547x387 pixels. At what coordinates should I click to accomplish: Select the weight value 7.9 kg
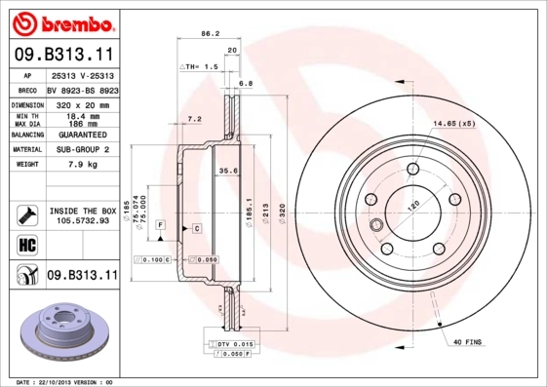(81, 165)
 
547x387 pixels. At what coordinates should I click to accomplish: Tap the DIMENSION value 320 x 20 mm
(81, 102)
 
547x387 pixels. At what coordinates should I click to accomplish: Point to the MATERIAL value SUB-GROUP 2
(81, 150)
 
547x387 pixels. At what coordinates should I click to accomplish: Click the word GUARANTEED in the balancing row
(81, 135)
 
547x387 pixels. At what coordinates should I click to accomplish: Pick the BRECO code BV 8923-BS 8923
(81, 88)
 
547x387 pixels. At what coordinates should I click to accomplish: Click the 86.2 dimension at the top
(210, 33)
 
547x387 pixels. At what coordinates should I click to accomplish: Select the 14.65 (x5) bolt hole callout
(453, 124)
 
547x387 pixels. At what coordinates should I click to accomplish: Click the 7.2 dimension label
(193, 119)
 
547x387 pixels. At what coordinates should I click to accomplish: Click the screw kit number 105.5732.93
(81, 220)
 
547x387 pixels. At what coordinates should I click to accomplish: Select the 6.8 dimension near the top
(246, 84)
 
